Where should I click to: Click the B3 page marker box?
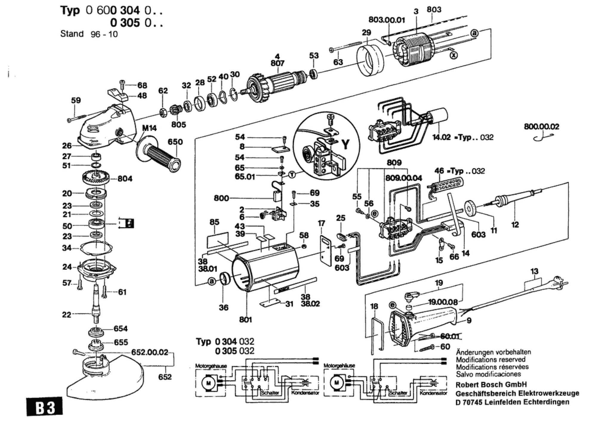(45, 406)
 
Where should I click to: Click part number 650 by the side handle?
(175, 142)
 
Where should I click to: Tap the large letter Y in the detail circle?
(345, 145)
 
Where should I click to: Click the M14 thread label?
(149, 128)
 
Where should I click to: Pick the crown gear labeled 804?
(95, 178)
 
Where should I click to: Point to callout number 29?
(366, 33)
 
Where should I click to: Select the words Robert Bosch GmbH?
(491, 385)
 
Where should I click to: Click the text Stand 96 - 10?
(89, 34)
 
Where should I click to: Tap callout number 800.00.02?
(541, 126)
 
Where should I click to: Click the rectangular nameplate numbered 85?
(217, 240)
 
